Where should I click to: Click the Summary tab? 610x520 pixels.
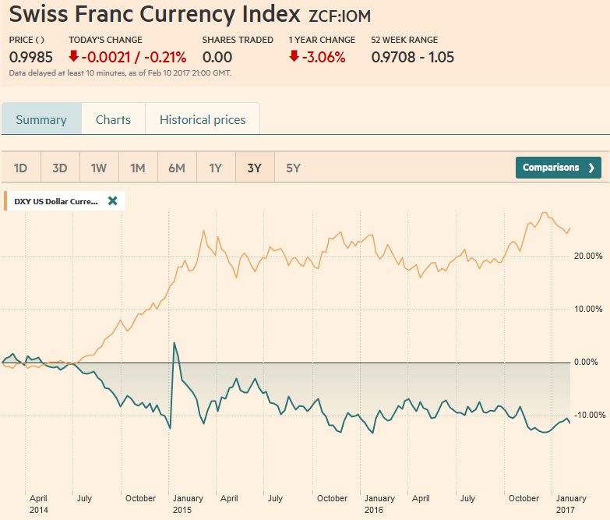point(41,120)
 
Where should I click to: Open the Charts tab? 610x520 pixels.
point(113,120)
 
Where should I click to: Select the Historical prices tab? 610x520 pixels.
point(203,120)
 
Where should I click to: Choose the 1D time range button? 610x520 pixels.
point(21,168)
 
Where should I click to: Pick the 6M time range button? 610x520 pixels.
point(177,168)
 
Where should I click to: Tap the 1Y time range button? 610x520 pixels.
point(216,168)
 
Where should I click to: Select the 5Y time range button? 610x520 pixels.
point(294,168)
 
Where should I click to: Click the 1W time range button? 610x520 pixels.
point(99,168)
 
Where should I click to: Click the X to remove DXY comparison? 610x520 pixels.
point(112,201)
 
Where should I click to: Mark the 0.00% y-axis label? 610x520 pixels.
point(585,362)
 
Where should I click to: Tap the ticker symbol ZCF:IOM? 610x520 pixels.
point(340,15)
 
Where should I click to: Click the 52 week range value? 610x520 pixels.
point(412,57)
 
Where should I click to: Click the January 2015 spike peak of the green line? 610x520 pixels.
point(174,343)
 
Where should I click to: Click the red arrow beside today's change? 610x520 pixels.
point(74,57)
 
